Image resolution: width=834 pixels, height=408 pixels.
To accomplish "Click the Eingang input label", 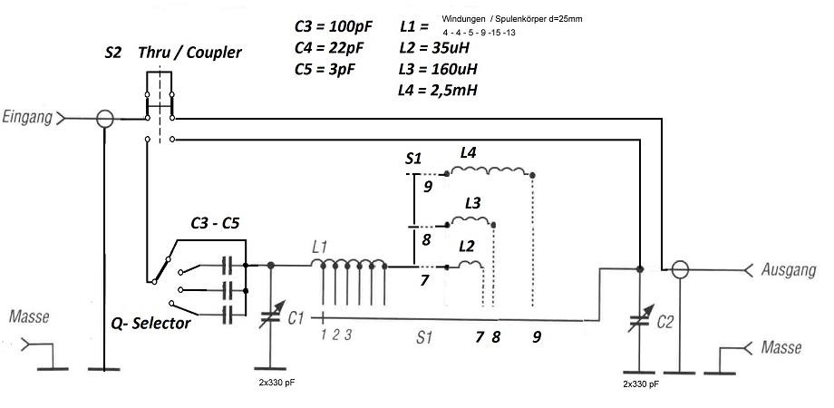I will coord(28,118).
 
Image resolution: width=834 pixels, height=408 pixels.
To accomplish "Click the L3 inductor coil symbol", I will coord(475,221).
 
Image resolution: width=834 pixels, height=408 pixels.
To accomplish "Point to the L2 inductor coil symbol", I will coord(470,264).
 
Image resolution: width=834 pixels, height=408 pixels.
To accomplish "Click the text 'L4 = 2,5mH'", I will coord(439,90).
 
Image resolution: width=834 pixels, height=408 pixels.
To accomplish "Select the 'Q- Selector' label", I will coord(150,323).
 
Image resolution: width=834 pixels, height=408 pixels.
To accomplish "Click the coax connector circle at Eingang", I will coord(105,118).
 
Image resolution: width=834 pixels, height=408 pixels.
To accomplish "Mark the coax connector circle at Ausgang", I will coord(679,269).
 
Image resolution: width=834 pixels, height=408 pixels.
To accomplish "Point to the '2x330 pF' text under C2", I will coord(643,384).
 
